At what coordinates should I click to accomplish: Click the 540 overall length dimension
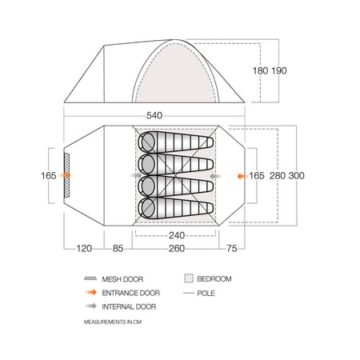[154, 115]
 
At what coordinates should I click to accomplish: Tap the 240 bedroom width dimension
[177, 235]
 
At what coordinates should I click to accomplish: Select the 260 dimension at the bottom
[177, 249]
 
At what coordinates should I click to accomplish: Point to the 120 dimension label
[84, 249]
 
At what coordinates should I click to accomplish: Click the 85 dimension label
[118, 249]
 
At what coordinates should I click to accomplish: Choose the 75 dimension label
[232, 249]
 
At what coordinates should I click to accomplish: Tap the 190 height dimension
[279, 70]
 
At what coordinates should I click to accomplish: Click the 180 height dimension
[260, 70]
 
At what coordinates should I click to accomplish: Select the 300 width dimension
[296, 176]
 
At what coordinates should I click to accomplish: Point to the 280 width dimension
[278, 176]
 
